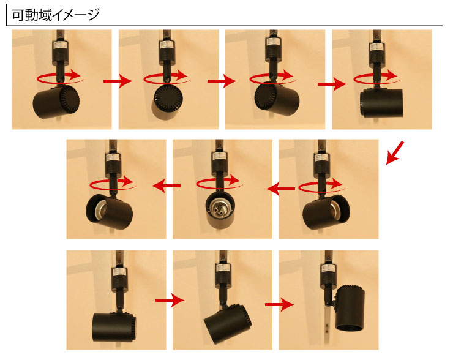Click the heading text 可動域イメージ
56,15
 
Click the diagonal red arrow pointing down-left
395,153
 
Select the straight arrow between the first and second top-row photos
118,81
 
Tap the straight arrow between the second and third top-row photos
222,81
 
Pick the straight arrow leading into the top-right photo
332,84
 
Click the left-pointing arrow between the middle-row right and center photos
281,189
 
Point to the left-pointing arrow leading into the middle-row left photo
167,186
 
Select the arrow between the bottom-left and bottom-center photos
170,300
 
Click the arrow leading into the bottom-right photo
279,304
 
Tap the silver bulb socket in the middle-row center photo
219,208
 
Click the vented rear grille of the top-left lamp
69,99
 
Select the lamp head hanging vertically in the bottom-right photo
350,308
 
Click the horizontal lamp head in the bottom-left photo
114,327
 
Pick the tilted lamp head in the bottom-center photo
228,324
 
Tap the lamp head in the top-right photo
381,103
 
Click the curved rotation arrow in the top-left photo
60,77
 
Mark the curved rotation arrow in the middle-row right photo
322,186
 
